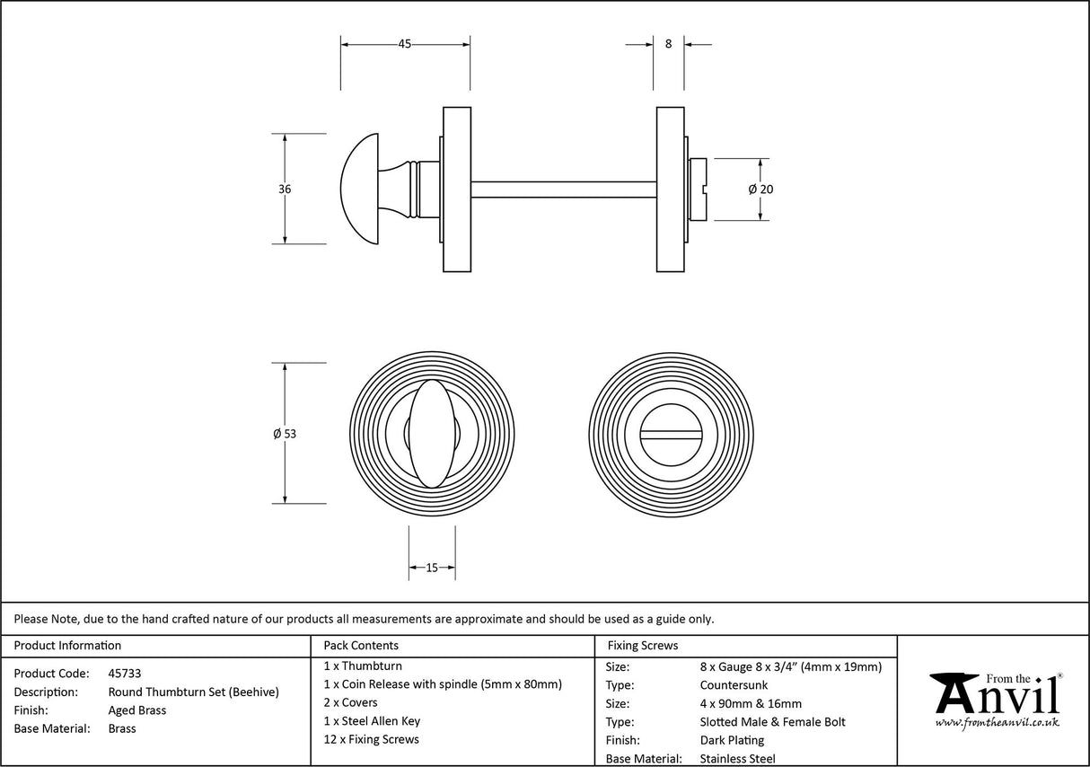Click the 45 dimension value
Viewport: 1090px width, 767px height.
[x=405, y=44]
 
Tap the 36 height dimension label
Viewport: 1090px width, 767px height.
[x=285, y=190]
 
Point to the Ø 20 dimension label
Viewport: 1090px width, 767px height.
[x=760, y=190]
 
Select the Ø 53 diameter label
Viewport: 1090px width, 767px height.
[x=285, y=434]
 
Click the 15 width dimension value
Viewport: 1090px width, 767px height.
[x=432, y=568]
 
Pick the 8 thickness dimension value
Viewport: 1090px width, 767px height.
[x=668, y=44]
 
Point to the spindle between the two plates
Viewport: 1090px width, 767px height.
[x=563, y=190]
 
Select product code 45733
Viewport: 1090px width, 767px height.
[x=125, y=674]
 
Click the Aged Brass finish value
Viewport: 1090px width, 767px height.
[x=137, y=710]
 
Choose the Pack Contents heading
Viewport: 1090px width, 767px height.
[x=361, y=646]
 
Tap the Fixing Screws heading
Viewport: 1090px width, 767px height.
[x=643, y=646]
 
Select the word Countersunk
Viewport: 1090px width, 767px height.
[x=734, y=685]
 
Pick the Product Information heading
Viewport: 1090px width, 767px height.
[x=68, y=646]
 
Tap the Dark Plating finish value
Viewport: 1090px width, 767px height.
[x=732, y=741]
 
